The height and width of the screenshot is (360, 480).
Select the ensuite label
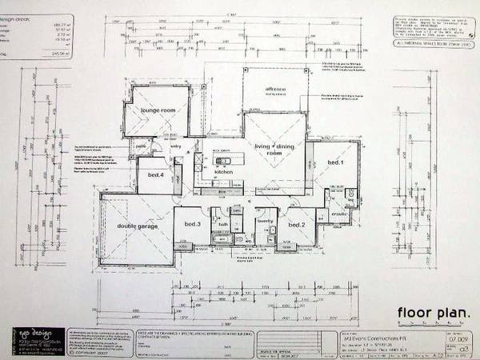(x=339, y=215)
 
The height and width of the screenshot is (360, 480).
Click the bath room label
(x=223, y=226)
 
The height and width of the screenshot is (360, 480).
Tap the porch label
(x=140, y=147)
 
